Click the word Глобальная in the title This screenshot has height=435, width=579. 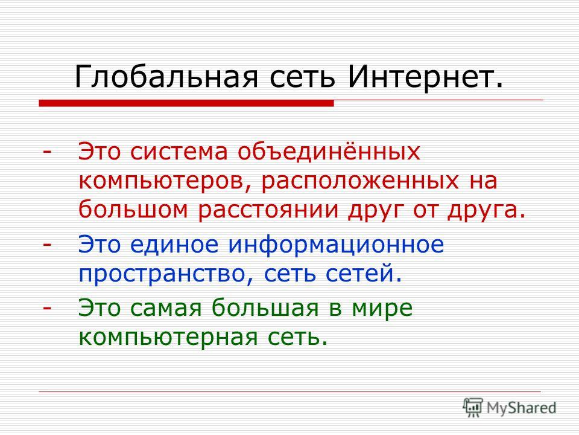point(166,77)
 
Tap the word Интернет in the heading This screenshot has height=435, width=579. point(420,77)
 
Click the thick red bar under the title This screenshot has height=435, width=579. point(186,103)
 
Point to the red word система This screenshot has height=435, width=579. point(179,152)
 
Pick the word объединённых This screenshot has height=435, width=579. point(329,152)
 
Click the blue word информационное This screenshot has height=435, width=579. point(336,245)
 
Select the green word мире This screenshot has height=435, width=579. point(382,308)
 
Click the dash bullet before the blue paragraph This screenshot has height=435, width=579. point(47,245)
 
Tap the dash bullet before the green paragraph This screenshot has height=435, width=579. point(47,308)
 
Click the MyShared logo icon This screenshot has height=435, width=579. point(473,408)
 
